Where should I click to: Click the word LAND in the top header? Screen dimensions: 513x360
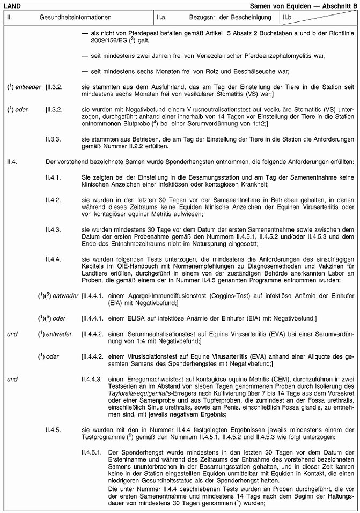(x=12, y=5)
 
